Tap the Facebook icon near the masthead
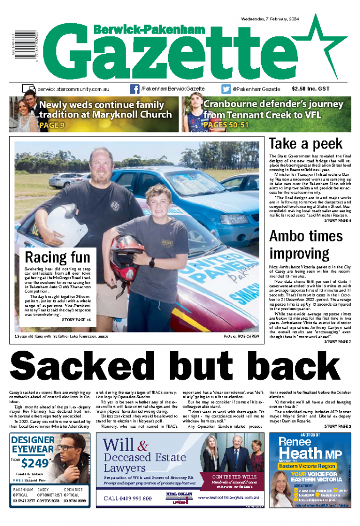(134, 89)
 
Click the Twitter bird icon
(226, 89)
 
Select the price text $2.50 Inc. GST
(310, 89)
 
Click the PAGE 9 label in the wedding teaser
(51, 125)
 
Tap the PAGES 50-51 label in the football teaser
(226, 125)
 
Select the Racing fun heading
(57, 257)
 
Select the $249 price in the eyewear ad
(37, 460)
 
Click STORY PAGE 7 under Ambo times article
(338, 341)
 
